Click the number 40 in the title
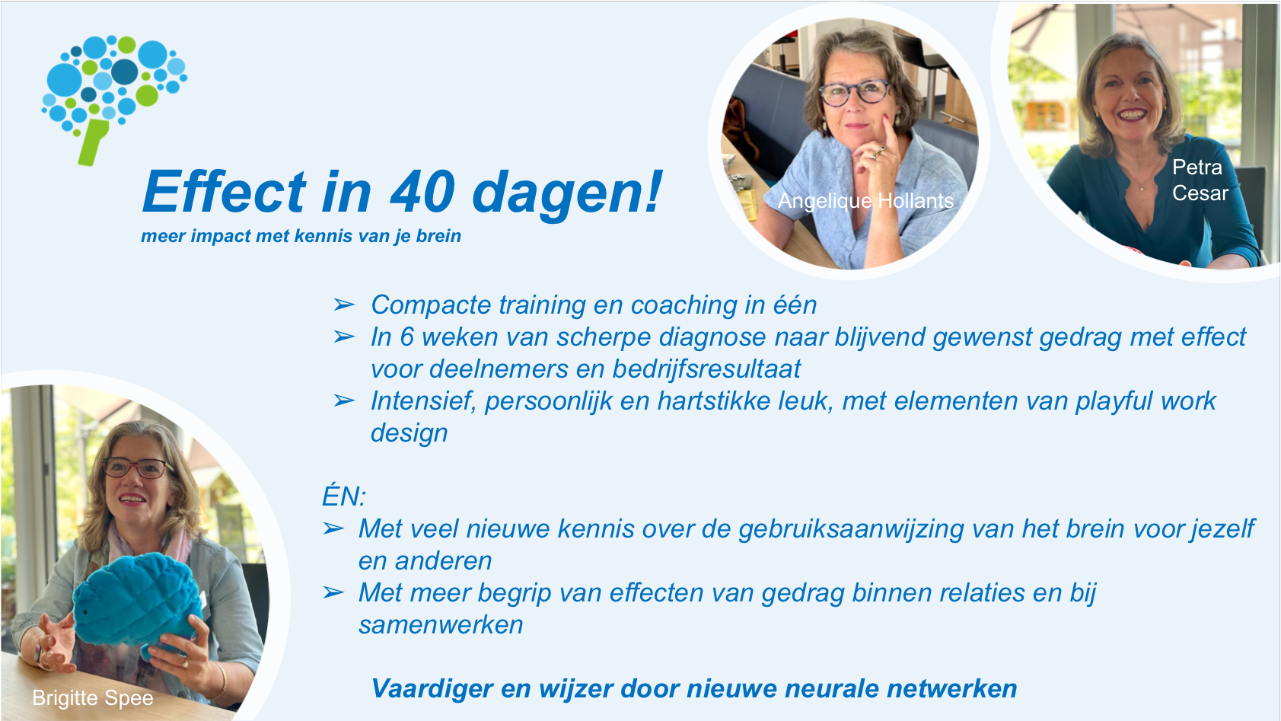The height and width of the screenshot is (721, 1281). [422, 193]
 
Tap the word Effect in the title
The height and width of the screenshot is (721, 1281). [225, 192]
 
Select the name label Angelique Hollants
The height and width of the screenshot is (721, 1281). [865, 201]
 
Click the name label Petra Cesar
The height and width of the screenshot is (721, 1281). [1200, 180]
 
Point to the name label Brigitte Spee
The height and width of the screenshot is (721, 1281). [93, 698]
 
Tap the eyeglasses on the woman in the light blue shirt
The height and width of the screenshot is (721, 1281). [855, 93]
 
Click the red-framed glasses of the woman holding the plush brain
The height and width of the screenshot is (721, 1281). [135, 468]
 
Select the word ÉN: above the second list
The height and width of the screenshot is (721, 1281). [344, 496]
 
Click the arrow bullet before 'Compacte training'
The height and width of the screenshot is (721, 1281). [344, 305]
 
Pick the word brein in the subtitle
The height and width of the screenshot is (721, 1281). [438, 236]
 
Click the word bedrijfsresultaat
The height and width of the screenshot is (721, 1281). [706, 369]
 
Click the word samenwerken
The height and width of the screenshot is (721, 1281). [441, 625]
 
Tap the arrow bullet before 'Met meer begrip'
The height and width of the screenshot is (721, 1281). [333, 593]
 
